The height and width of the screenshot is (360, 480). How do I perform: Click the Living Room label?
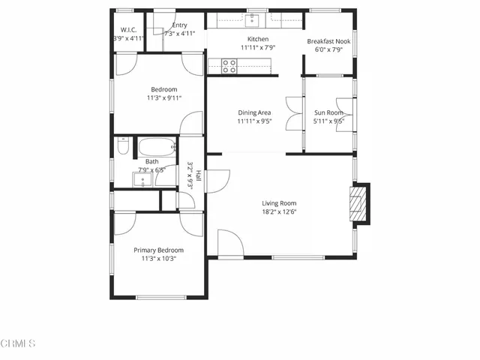coord(279,203)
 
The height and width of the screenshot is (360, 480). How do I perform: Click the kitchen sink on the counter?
coord(254,19)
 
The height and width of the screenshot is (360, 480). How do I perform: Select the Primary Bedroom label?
coord(158,250)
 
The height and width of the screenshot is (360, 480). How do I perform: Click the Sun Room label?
coord(328,112)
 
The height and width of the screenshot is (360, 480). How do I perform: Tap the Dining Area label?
coord(254,112)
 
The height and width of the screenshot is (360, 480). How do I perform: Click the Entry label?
coord(179,25)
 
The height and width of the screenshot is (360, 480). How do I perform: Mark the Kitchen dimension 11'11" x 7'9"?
coord(258,48)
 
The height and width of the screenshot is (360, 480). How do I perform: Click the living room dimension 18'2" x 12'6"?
coord(279,212)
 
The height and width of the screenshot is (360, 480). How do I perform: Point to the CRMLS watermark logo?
coord(18,344)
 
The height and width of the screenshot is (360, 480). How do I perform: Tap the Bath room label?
coord(151,161)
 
